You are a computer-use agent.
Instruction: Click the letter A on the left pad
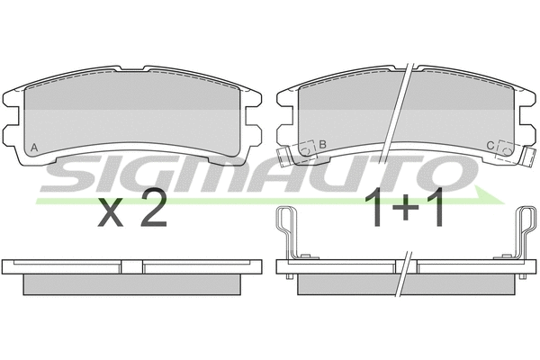(x=34, y=147)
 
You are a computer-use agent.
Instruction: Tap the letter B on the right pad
(x=322, y=145)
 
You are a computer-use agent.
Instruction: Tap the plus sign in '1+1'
(x=407, y=212)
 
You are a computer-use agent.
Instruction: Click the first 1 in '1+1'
(x=378, y=210)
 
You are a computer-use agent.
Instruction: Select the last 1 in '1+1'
(x=436, y=210)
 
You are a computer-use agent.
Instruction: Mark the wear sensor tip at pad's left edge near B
(x=283, y=161)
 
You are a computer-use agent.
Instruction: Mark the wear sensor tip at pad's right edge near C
(x=528, y=161)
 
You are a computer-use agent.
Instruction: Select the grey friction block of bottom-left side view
(x=132, y=283)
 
